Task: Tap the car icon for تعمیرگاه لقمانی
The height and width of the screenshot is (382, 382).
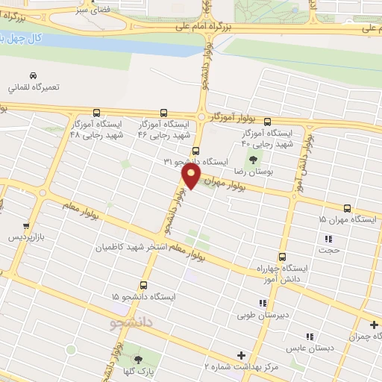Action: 33,75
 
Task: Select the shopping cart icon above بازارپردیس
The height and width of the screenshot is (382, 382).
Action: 27,224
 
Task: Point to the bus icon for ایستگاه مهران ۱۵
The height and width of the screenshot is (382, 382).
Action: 347,208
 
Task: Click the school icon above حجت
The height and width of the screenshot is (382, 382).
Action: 328,239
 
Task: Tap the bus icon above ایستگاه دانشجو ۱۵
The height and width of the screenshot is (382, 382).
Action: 144,285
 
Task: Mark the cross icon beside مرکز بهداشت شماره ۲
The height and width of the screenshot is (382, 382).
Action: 240,355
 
